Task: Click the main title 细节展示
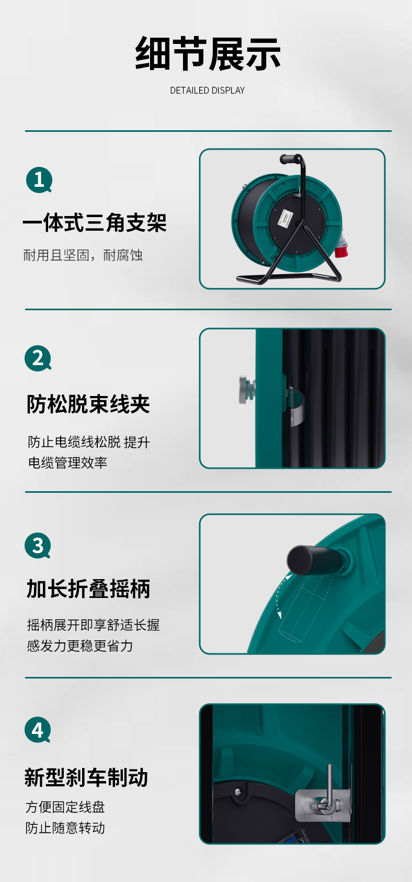click(208, 53)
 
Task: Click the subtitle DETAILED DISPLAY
click(208, 91)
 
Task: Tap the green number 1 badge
click(39, 180)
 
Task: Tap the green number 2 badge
click(38, 358)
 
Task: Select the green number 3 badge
click(38, 545)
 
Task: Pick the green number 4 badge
click(38, 730)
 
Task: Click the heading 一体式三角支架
click(95, 222)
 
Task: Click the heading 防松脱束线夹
click(88, 404)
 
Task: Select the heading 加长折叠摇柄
click(88, 589)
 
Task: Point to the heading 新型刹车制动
click(86, 777)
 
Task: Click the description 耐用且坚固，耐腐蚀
click(83, 255)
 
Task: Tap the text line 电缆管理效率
click(67, 462)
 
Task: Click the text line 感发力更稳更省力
click(80, 646)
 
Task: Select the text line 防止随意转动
click(65, 828)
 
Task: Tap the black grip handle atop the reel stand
click(290, 159)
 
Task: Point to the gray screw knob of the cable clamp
click(246, 389)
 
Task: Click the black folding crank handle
click(315, 560)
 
